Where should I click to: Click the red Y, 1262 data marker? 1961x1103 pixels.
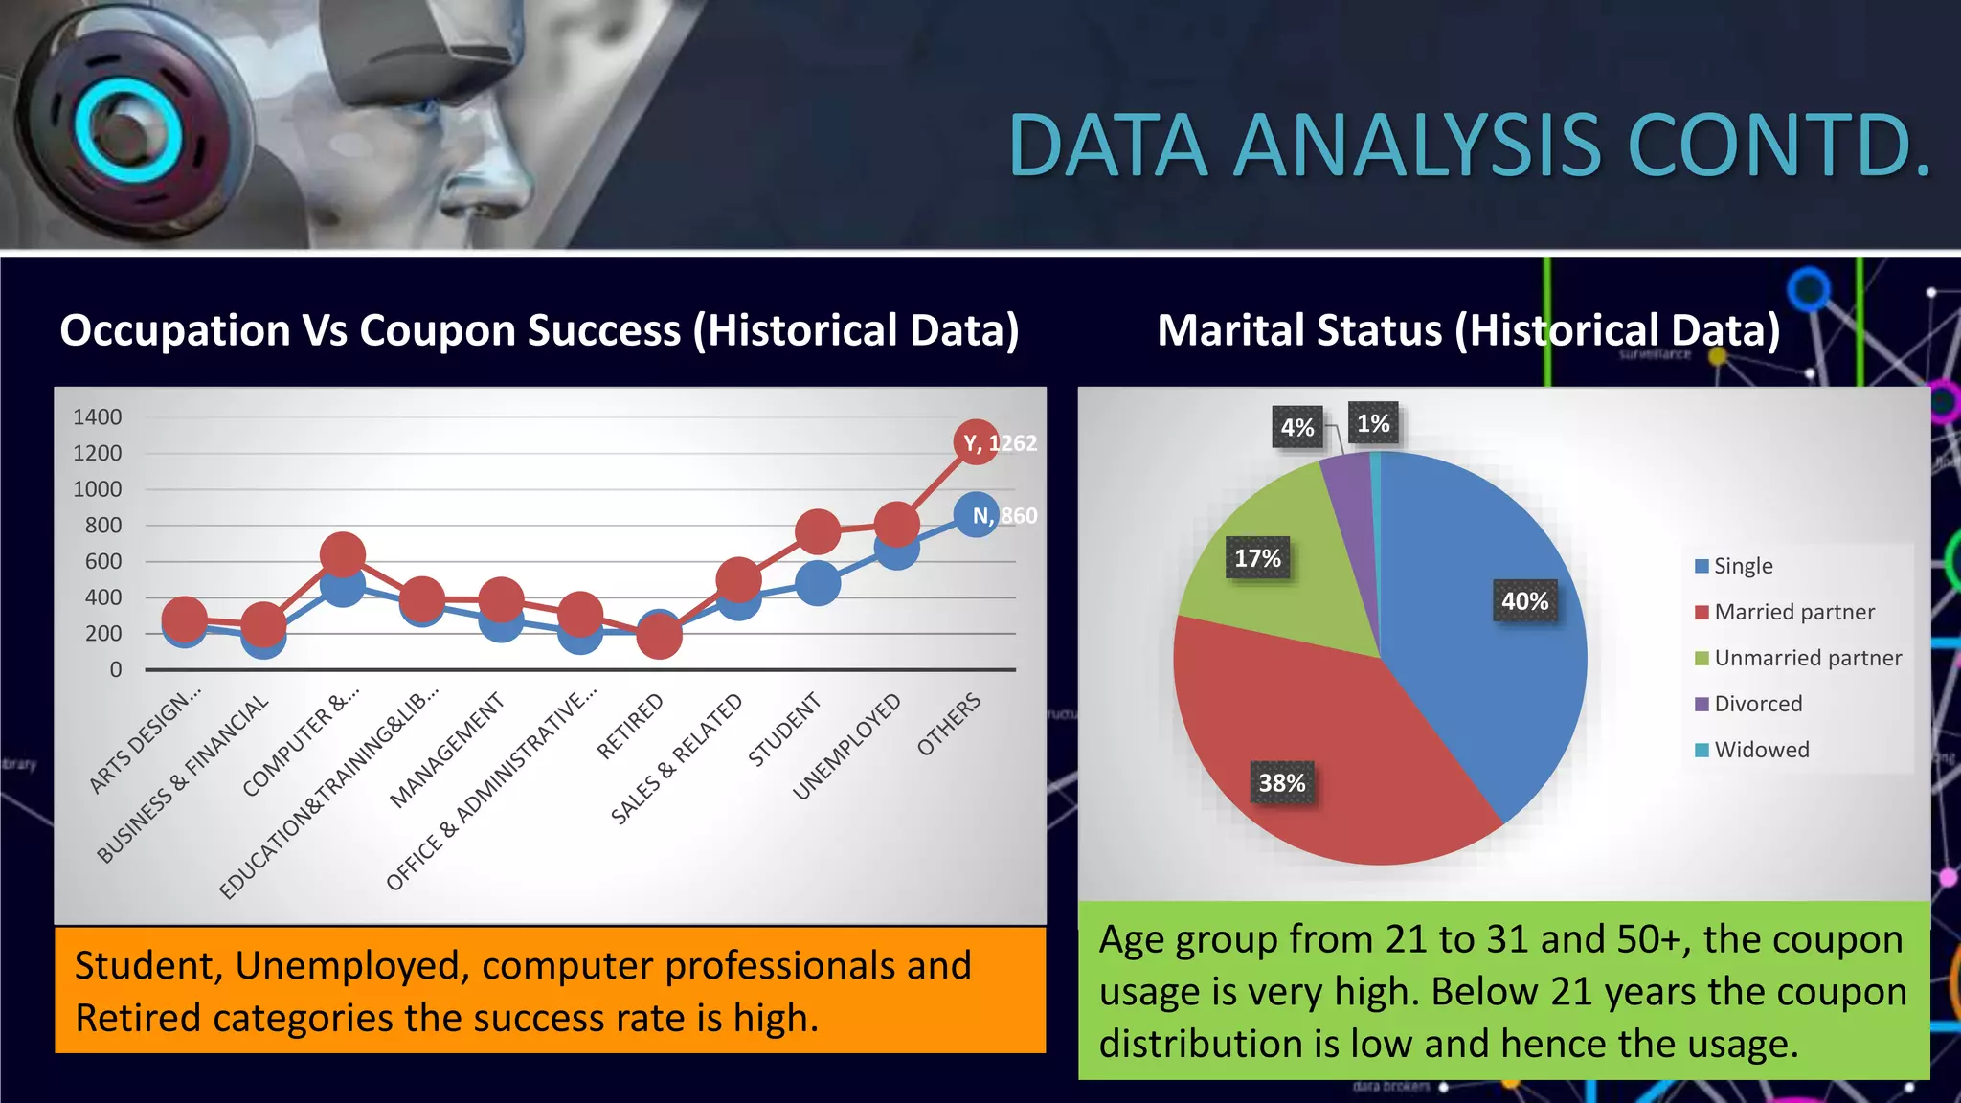(976, 442)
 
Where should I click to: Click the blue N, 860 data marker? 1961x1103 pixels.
(976, 515)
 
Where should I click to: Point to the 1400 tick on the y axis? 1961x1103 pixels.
(98, 417)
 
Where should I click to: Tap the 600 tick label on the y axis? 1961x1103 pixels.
(103, 562)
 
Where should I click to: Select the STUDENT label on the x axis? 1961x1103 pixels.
(784, 730)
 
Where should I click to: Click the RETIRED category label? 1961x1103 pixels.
(630, 727)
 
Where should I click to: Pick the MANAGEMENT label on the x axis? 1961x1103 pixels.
(447, 751)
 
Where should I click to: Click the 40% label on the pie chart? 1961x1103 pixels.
(1524, 601)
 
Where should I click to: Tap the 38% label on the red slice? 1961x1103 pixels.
(1282, 783)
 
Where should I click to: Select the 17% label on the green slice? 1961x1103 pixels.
(1257, 558)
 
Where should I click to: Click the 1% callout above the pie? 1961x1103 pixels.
(1373, 423)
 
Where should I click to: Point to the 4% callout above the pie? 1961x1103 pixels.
(1297, 428)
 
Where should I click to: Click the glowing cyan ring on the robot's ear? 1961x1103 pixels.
(127, 129)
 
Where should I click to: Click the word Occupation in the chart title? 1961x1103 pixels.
(175, 331)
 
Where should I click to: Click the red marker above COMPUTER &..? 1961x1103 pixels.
(343, 554)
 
